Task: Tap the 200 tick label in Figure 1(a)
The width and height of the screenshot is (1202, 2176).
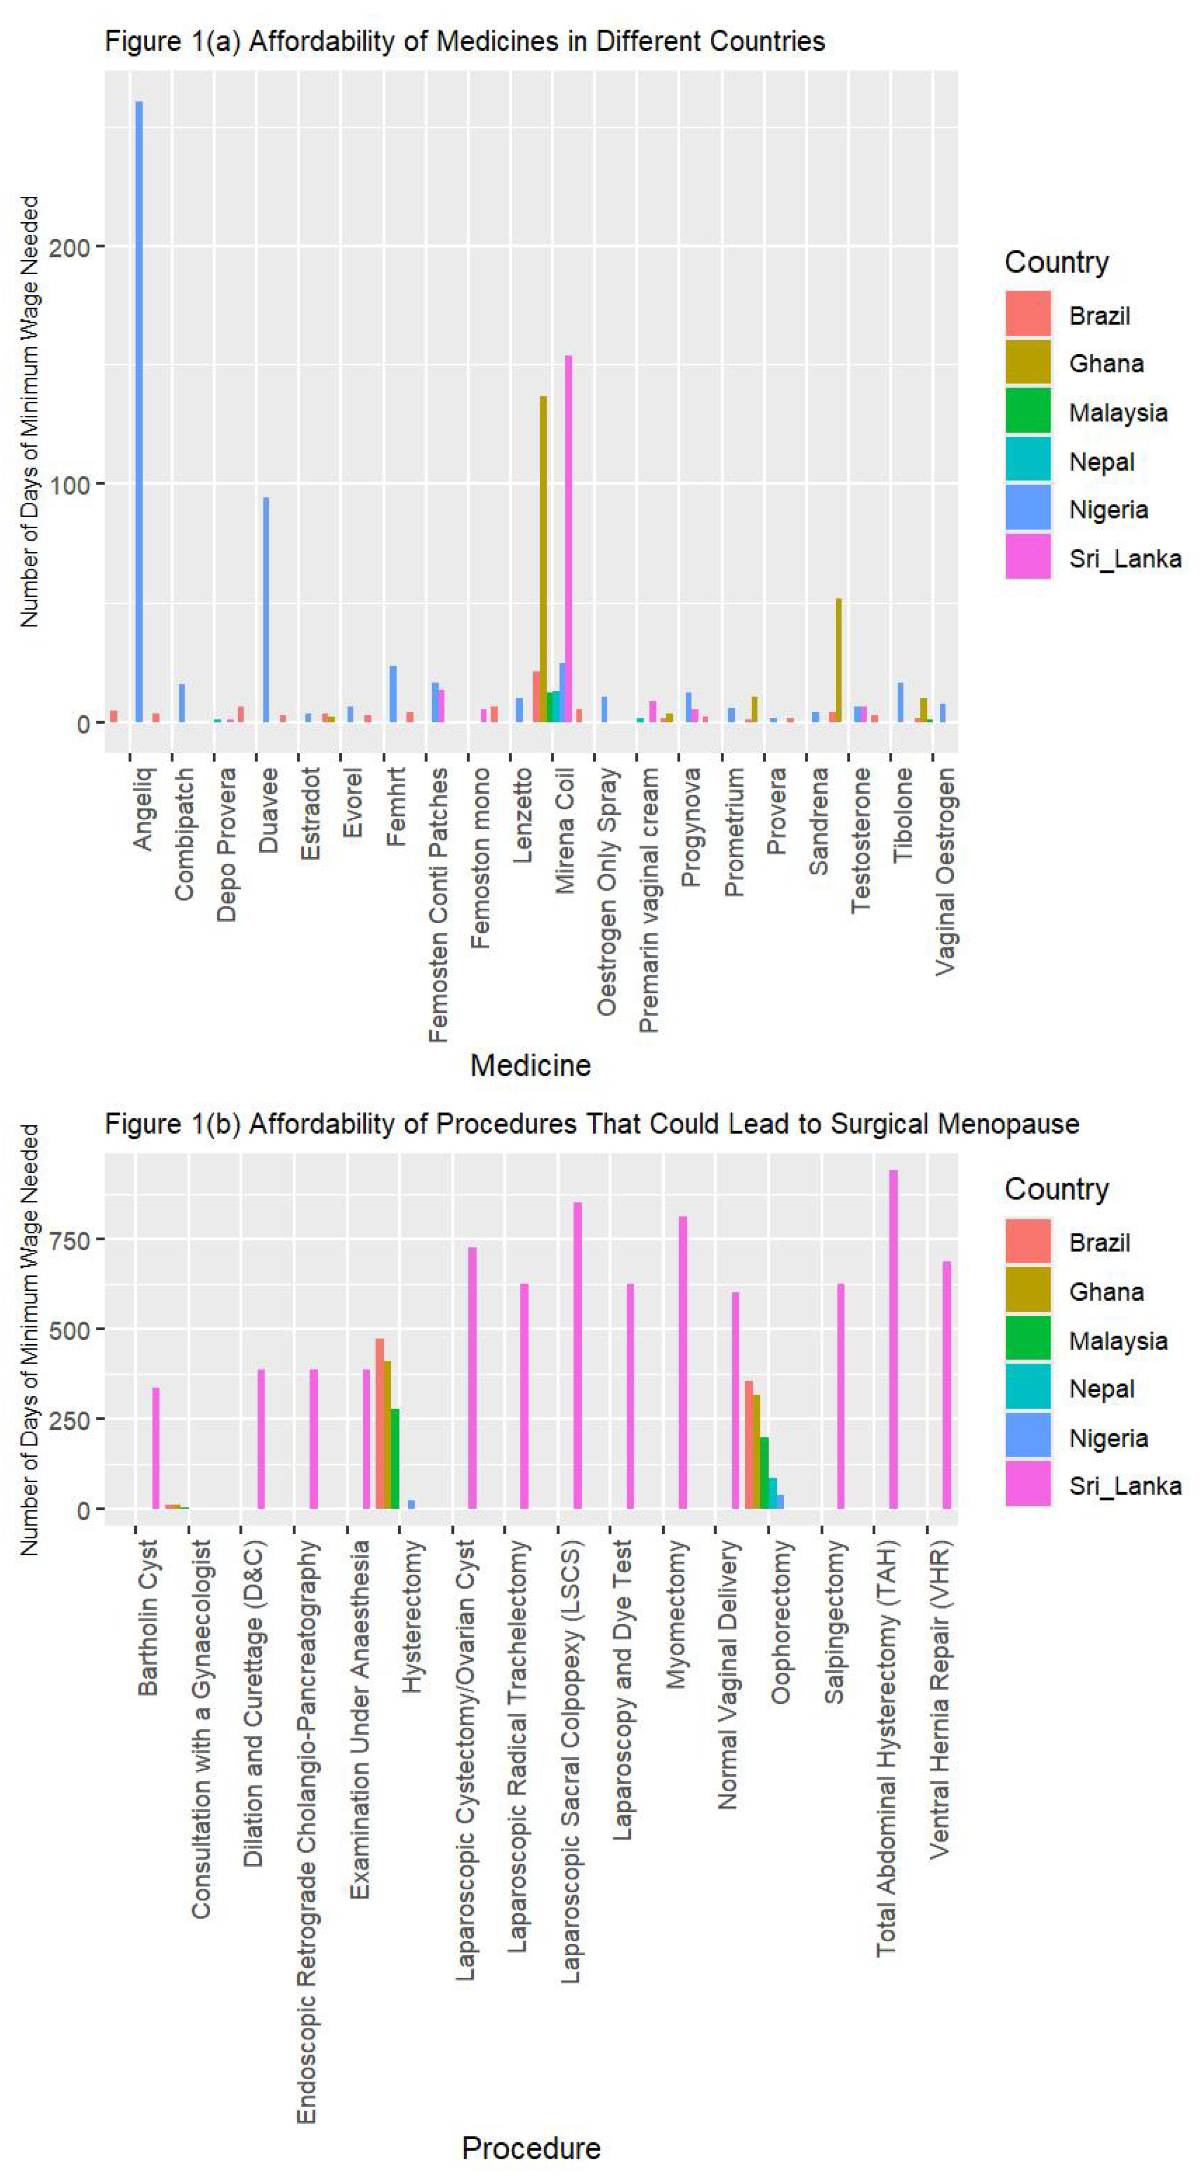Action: pos(69,248)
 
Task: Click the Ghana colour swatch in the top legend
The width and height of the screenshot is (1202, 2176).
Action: pos(1027,362)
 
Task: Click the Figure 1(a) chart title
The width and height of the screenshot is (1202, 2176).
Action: pos(464,42)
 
